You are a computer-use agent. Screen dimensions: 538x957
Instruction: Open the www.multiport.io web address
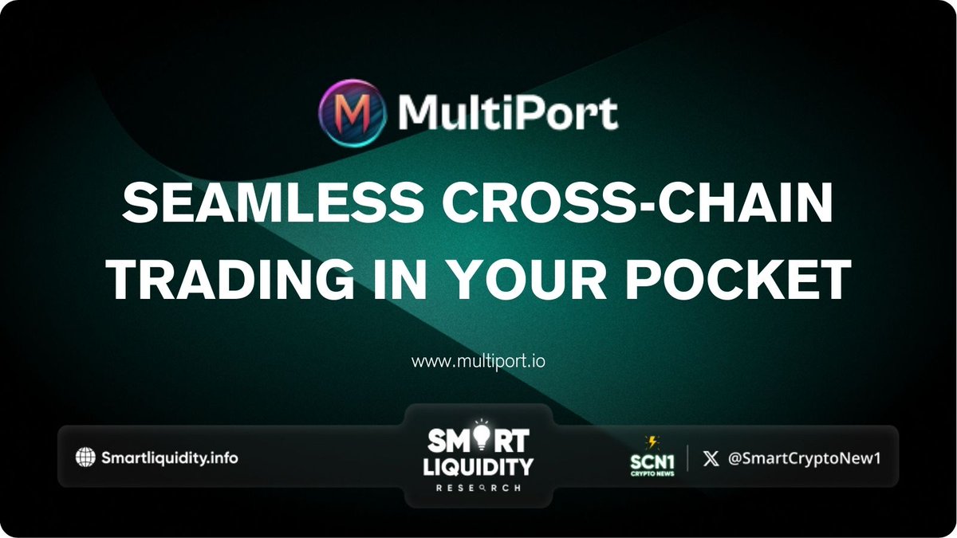click(478, 362)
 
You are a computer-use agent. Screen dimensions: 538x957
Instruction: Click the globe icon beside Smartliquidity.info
click(85, 457)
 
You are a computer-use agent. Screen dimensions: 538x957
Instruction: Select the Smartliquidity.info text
click(169, 458)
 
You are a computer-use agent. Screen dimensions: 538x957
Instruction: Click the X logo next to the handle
click(711, 458)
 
